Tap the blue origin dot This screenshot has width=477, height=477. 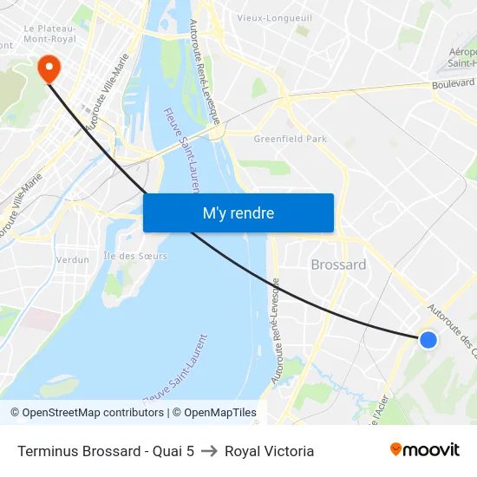point(428,340)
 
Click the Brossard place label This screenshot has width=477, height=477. point(338,265)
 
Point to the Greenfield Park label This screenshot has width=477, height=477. point(290,138)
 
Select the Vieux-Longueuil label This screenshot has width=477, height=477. point(274,16)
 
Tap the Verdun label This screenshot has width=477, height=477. point(73,259)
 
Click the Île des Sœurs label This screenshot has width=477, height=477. point(135,256)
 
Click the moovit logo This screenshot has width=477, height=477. point(425,450)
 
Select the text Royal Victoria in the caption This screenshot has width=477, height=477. point(269,451)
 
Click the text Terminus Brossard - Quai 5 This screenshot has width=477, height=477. point(105,451)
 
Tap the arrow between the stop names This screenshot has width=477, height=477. point(209,451)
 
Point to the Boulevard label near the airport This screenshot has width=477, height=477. point(454,84)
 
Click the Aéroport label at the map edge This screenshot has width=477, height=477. point(463,51)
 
